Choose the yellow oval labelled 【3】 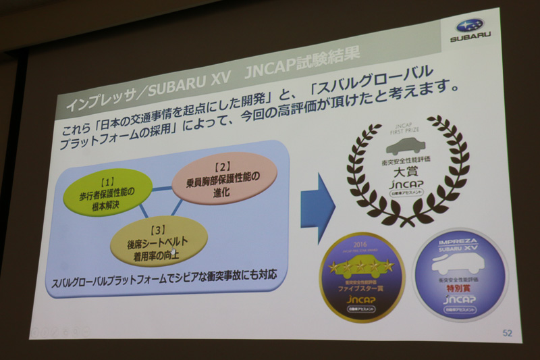click(x=159, y=241)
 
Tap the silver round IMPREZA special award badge click(x=460, y=274)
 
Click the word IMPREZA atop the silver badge click(x=460, y=241)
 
